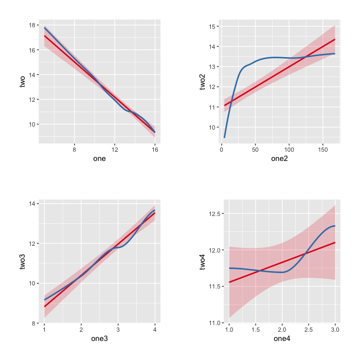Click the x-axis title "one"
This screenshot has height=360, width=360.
[99, 158]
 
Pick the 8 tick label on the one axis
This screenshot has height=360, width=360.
[75, 150]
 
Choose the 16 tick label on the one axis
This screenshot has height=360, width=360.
[155, 150]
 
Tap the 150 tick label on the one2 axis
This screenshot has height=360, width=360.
[322, 150]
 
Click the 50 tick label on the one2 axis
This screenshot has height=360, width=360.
[255, 150]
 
